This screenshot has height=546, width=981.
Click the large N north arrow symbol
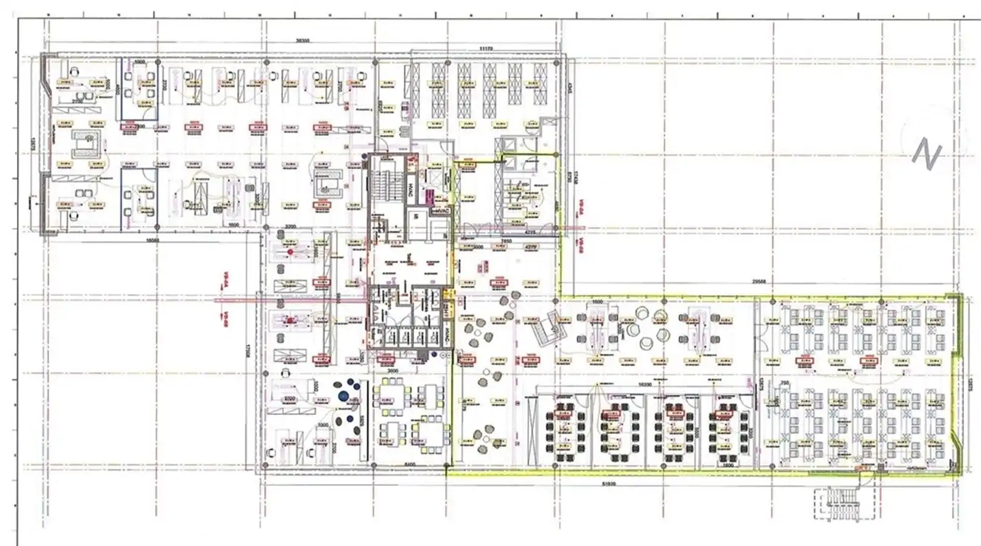926,153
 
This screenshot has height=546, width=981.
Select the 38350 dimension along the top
302,41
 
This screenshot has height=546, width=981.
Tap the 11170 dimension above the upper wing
486,48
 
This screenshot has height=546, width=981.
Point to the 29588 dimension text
758,281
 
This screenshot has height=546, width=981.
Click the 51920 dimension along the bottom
609,484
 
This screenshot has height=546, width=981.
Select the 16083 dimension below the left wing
153,240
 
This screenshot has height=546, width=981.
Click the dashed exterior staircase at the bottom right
843,504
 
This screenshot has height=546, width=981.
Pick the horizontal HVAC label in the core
441,211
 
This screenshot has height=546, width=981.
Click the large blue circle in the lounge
343,396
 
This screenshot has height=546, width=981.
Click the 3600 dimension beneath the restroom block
392,370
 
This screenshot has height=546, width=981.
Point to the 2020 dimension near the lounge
289,399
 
